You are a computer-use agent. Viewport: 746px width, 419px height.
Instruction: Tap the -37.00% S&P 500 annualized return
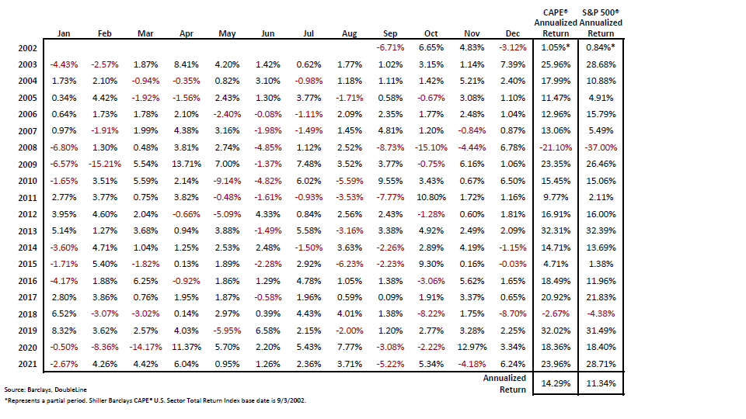pos(601,146)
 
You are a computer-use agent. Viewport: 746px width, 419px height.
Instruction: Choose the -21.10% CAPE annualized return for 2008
pos(556,146)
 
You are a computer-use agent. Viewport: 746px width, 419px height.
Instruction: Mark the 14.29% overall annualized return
pos(556,383)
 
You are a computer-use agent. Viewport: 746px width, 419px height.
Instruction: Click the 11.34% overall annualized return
pos(601,383)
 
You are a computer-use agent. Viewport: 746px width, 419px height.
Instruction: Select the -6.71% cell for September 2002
pos(390,48)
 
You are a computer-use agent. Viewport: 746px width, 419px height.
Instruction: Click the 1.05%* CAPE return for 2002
pos(556,48)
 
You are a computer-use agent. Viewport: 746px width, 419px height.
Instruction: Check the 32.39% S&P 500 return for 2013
pos(601,230)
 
